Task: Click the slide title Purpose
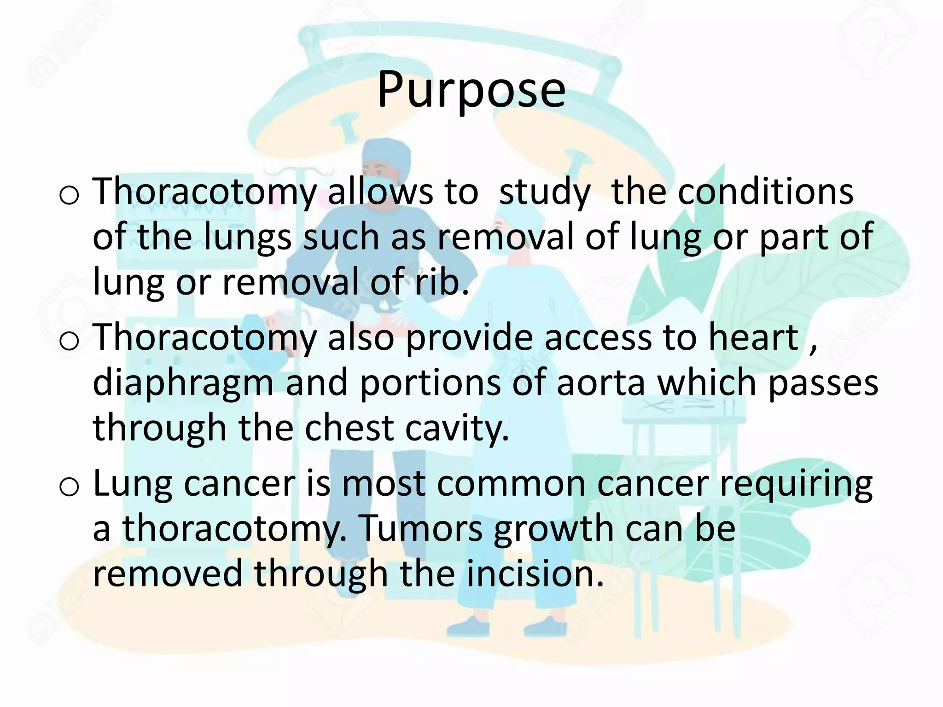pyautogui.click(x=471, y=90)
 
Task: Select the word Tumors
pyautogui.click(x=420, y=528)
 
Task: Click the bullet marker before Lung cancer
pyautogui.click(x=70, y=487)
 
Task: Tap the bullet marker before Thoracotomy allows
pyautogui.click(x=70, y=195)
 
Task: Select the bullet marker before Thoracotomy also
pyautogui.click(x=70, y=341)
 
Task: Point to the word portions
pyautogui.click(x=430, y=383)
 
